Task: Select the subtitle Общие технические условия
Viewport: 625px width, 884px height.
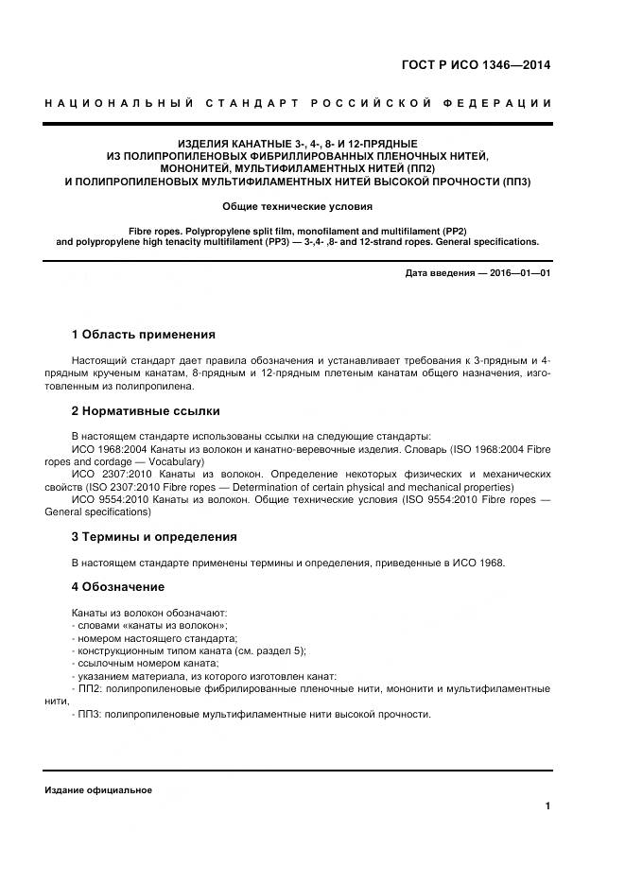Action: [297, 205]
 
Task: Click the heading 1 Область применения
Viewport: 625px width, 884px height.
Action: [144, 335]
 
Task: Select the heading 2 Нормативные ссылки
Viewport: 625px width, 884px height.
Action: [146, 411]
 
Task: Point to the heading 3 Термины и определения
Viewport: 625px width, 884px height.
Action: [154, 536]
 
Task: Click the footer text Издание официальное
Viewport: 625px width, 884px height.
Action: [98, 789]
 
